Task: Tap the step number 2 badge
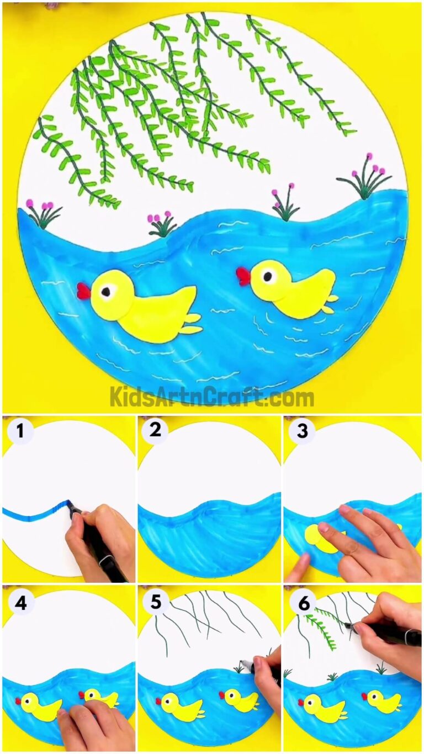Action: tap(155, 430)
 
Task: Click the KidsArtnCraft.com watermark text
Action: tap(212, 397)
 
